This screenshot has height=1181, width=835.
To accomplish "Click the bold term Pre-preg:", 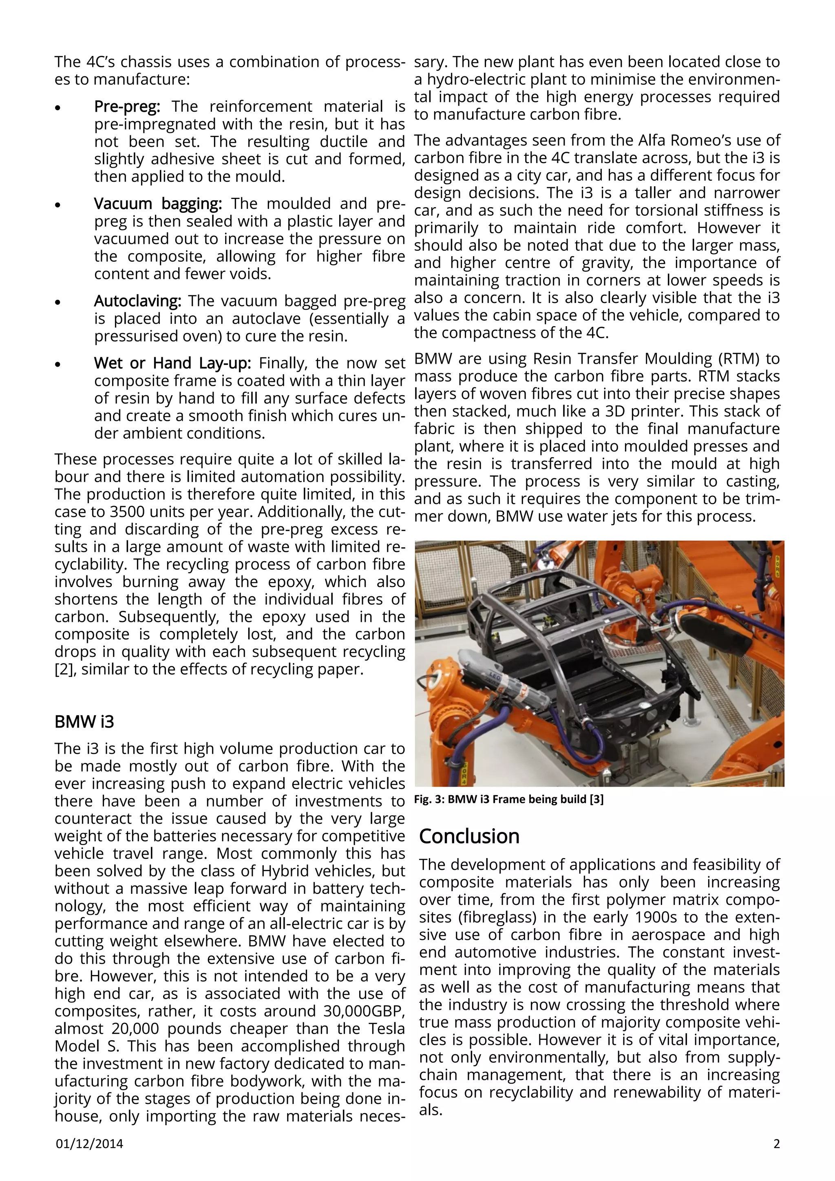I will click(127, 106).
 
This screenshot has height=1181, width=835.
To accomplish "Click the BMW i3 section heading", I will click(84, 722).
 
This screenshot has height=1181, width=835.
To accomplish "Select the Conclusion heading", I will click(469, 836).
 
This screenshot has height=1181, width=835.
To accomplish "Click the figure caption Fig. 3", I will click(508, 799).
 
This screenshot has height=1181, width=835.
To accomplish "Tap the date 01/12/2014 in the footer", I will click(89, 1158).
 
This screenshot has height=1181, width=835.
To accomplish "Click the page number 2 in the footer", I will click(776, 1158).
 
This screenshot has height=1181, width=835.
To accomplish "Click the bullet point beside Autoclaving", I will click(58, 303).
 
